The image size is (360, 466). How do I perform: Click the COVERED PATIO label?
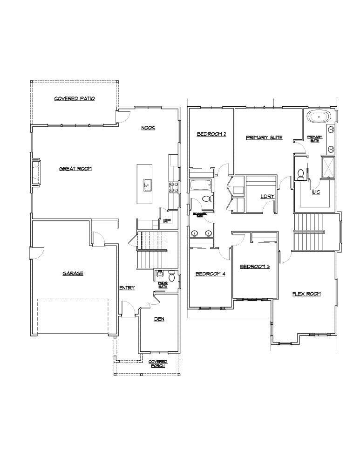75,98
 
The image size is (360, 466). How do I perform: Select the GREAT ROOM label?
75,169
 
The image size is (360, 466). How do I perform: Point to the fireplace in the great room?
35,173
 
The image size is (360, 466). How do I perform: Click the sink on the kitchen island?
146,185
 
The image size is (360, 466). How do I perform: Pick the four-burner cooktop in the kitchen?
173,187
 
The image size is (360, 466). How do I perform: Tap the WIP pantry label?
166,221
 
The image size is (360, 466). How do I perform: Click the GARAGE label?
73,274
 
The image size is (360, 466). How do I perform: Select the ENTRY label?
127,288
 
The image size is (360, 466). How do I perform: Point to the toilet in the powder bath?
171,277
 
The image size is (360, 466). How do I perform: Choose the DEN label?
160,319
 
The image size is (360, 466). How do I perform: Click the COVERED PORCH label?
158,363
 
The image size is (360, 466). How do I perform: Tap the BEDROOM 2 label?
211,134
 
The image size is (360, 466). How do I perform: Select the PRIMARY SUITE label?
264,137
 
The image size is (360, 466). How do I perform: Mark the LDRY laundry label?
267,196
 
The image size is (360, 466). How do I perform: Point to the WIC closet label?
315,192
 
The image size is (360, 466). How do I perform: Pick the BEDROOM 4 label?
210,274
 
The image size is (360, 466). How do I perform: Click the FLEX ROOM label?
306,294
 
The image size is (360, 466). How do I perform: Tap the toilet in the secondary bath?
207,199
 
